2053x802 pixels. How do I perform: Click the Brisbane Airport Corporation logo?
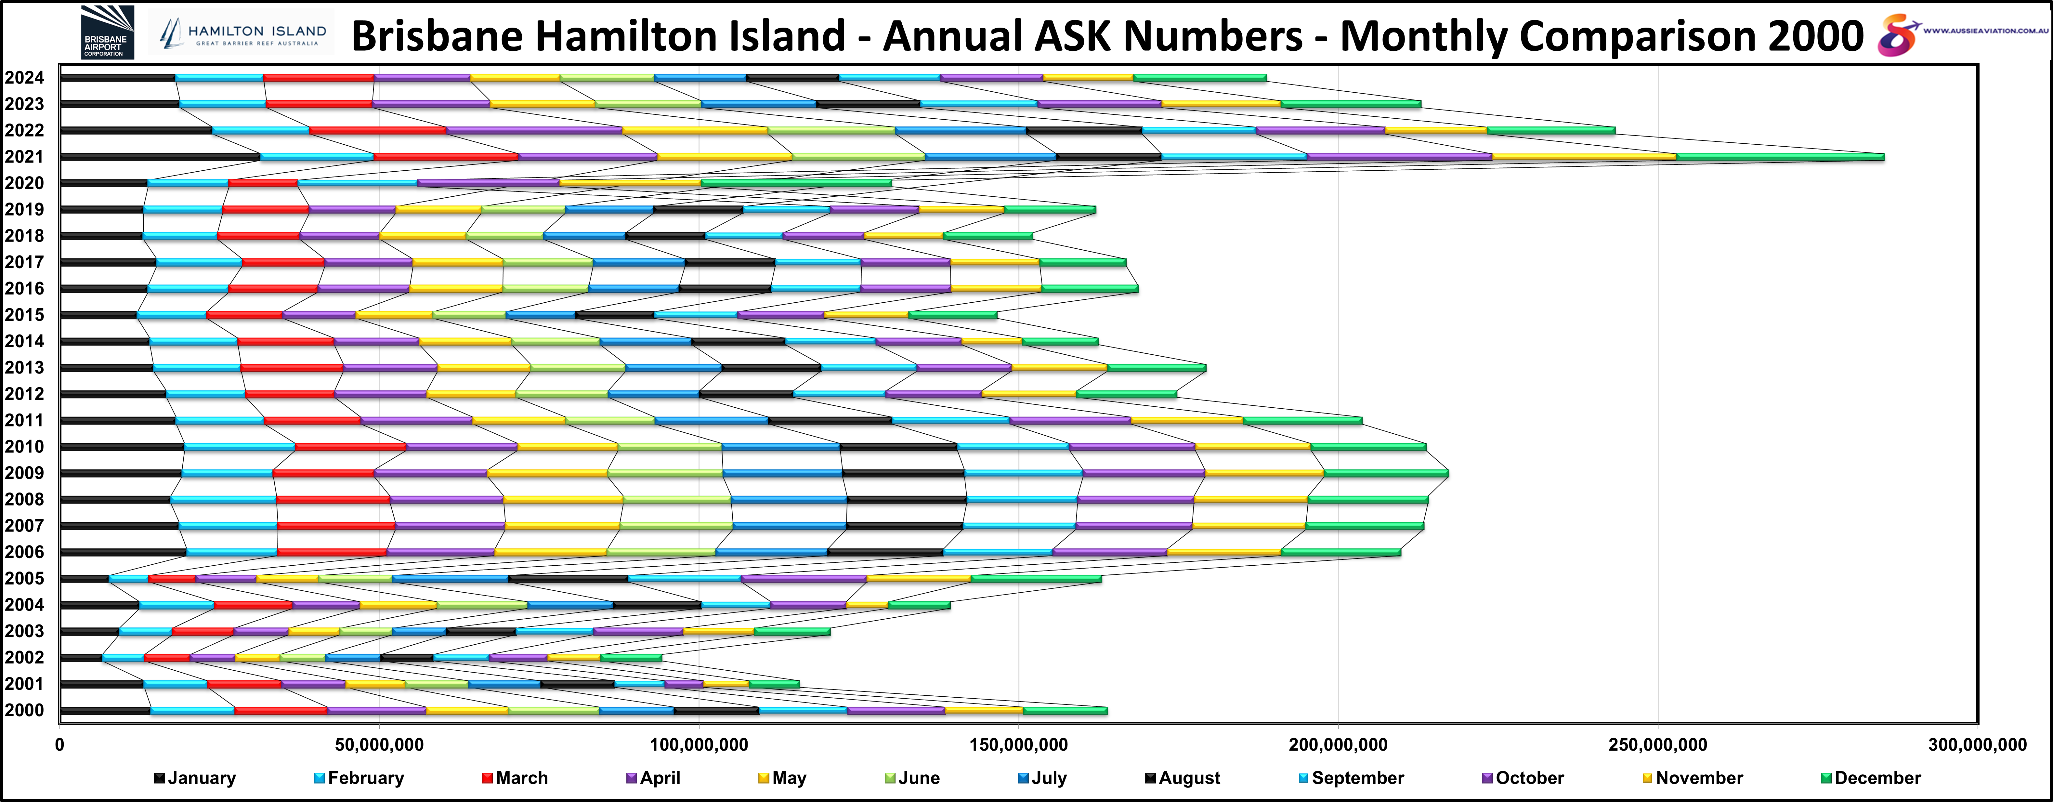107,32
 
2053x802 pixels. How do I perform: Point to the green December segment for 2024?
1199,77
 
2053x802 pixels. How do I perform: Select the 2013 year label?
24,368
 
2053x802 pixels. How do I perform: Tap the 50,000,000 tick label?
379,745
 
